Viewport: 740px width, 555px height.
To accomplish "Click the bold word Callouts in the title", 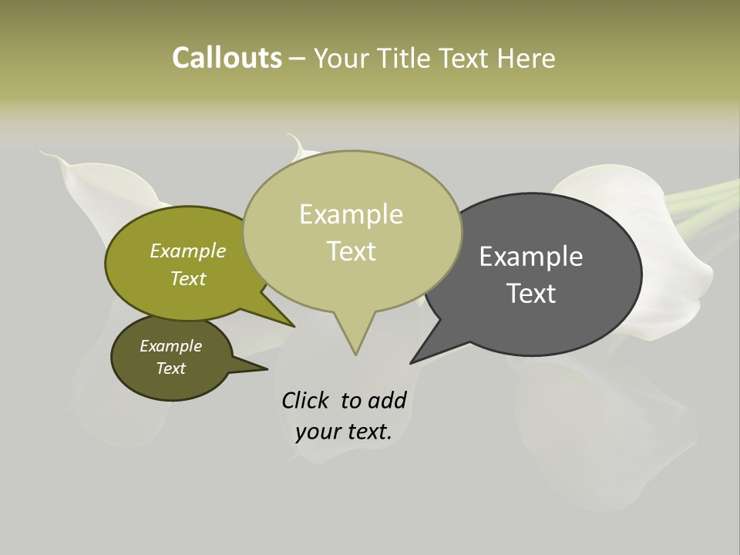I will [227, 58].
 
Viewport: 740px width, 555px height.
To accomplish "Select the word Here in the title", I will [528, 58].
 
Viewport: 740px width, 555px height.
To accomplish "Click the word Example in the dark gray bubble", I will [531, 256].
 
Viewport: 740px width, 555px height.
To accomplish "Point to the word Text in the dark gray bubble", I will [531, 293].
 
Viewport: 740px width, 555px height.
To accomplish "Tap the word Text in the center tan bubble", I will [351, 251].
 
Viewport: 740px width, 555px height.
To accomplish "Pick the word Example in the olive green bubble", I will [187, 251].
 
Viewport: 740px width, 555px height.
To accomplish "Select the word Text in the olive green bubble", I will [187, 278].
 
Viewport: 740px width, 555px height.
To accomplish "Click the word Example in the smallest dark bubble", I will [170, 346].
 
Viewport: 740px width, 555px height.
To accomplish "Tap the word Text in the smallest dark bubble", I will [170, 368].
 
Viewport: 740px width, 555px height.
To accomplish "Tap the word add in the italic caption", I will [387, 400].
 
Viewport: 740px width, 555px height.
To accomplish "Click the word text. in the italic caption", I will [368, 432].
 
